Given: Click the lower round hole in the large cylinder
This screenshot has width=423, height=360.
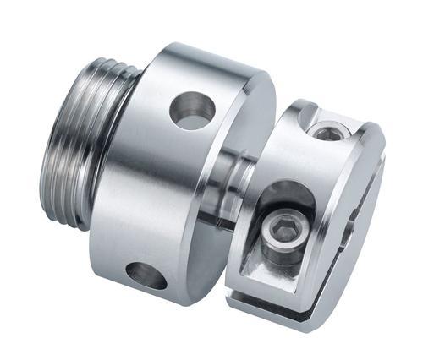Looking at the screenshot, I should [146, 275].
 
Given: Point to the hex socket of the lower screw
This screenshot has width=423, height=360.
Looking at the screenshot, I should [280, 227].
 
